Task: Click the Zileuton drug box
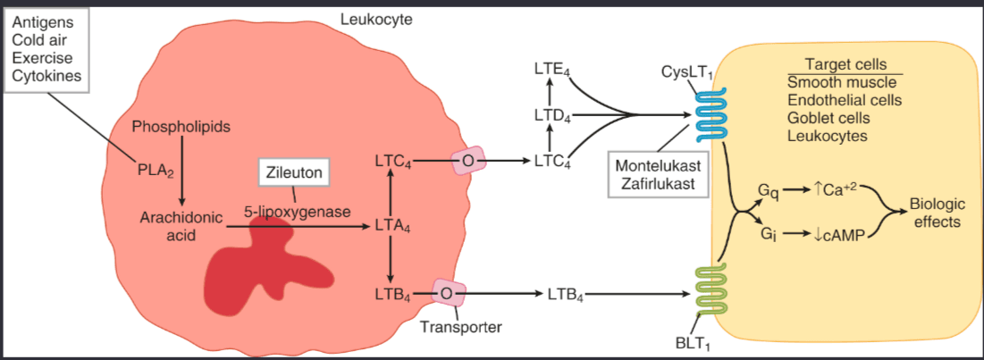coord(293,172)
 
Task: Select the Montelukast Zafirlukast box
coord(652,175)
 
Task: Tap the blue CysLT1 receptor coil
coord(712,113)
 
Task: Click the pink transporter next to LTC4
coord(468,162)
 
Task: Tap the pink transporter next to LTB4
coord(449,292)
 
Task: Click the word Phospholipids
coord(181,127)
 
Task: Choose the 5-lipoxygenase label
coord(296,212)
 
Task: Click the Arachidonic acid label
coord(175,225)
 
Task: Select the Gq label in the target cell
coord(768,190)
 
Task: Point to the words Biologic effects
coord(936,212)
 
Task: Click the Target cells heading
coord(845,65)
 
